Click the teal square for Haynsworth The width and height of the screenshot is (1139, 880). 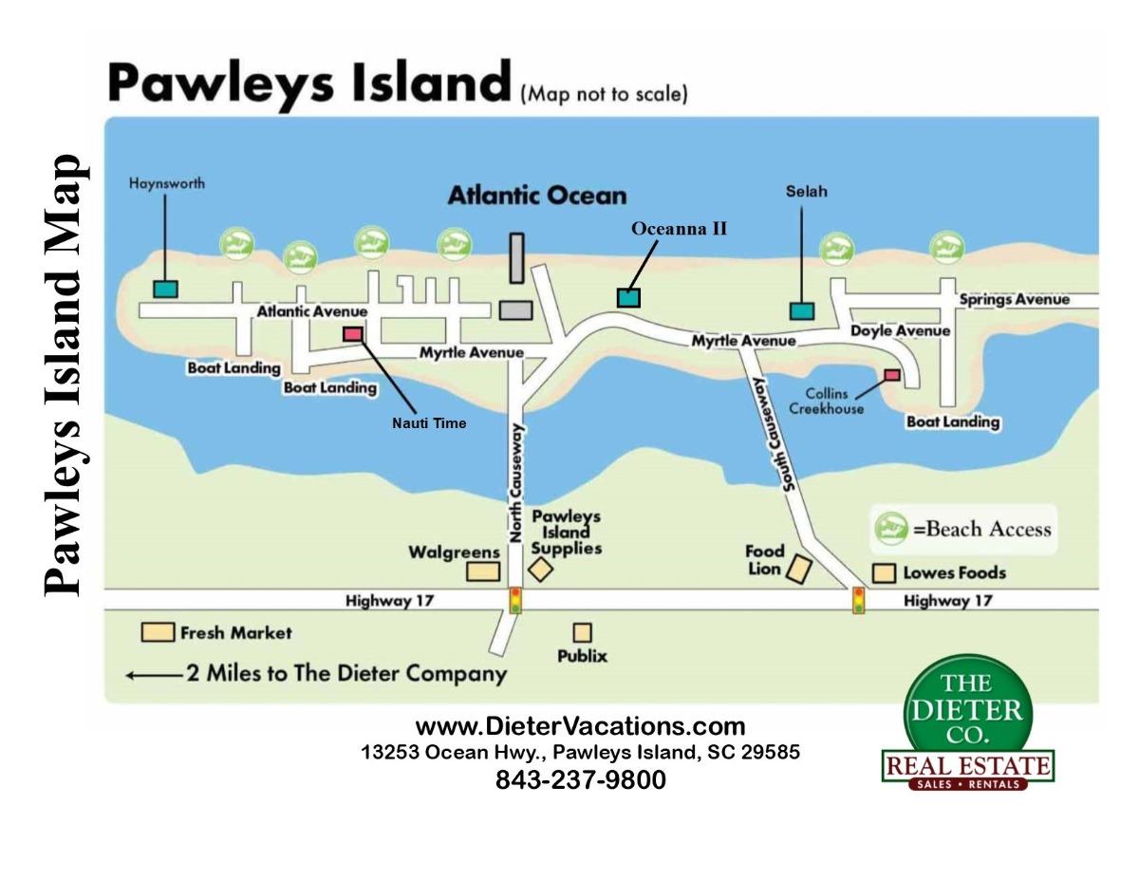pos(165,289)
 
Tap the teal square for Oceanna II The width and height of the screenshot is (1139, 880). pos(628,297)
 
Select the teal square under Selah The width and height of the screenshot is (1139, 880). pos(802,310)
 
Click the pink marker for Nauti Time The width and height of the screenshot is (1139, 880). pos(352,333)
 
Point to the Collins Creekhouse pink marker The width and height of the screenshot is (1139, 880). pos(891,375)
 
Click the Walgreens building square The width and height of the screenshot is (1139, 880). pos(483,571)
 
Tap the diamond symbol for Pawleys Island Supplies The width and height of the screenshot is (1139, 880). pos(540,570)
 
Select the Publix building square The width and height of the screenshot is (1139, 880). pos(582,632)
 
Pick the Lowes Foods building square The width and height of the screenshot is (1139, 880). pos(884,572)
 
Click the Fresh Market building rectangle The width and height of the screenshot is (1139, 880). pos(158,632)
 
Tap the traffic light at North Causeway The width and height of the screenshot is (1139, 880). pos(515,600)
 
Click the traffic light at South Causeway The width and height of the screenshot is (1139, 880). pos(858,600)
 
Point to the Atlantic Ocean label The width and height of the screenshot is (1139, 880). pos(537,197)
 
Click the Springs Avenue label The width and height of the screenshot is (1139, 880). pos(1014,300)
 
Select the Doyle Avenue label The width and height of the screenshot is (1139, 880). pos(899,331)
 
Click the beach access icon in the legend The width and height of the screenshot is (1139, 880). pos(891,527)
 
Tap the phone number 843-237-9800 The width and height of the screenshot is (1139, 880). pos(580,780)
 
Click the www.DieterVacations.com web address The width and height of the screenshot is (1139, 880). pos(580,727)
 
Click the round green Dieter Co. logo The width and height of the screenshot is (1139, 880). pos(966,708)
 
